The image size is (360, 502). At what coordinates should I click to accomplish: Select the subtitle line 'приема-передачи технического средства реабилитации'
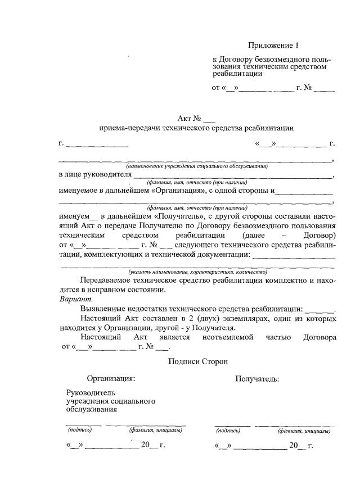(196, 128)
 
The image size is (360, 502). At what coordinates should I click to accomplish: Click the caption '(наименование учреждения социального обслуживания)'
(196, 166)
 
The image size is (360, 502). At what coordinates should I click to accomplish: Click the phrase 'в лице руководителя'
(94, 174)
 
